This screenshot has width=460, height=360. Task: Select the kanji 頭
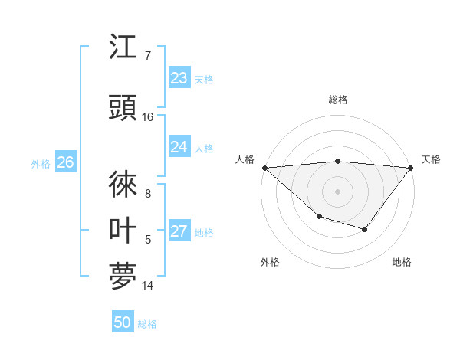(123, 109)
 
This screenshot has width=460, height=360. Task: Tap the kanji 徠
(123, 185)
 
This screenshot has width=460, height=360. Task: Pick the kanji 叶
(123, 231)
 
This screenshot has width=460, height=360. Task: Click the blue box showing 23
(179, 78)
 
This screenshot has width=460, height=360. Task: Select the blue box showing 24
(179, 147)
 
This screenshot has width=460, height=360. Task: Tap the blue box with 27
(179, 232)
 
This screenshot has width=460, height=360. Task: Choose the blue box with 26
(65, 162)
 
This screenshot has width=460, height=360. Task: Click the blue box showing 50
(123, 322)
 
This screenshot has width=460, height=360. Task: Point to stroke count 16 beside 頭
(148, 117)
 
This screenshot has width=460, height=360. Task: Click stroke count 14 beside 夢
(148, 286)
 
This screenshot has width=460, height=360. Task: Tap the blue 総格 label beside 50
(147, 324)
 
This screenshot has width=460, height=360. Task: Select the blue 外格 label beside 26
(41, 163)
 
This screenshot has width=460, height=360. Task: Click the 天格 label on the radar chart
(431, 159)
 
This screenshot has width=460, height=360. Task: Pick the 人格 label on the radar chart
(245, 159)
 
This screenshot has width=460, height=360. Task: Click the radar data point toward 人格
(264, 168)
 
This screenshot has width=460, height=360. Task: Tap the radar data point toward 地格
(365, 229)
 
